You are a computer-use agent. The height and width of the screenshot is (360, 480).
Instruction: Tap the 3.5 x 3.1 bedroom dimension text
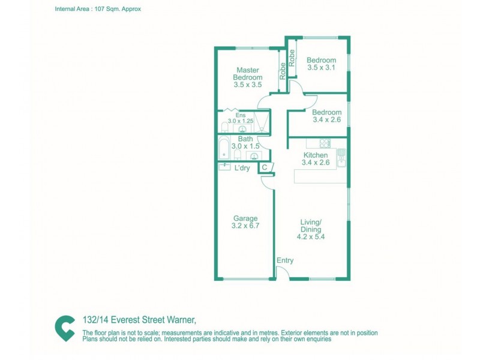[x=321, y=68]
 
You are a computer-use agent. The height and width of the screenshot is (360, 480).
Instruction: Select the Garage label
[x=245, y=218]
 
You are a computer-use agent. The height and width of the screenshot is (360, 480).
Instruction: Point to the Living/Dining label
[x=311, y=226]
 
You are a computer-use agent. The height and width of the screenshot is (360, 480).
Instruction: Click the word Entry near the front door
[x=285, y=260]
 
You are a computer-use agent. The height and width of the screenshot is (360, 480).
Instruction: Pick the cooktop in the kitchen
[x=325, y=143]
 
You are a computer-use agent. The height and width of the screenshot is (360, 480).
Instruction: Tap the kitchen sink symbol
[x=341, y=157]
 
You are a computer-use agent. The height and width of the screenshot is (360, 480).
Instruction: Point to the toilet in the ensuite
[x=224, y=127]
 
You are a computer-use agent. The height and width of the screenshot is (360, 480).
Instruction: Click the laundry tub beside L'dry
[x=225, y=167]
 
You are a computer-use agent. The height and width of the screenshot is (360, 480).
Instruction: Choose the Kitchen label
[x=314, y=155]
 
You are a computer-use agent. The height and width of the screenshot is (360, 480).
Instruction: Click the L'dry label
[x=242, y=168]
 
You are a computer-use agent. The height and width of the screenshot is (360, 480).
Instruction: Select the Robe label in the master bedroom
[x=281, y=73]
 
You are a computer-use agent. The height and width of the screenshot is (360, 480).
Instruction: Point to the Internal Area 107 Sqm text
[x=98, y=10]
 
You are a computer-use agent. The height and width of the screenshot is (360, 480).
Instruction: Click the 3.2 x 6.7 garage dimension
[x=245, y=226]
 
